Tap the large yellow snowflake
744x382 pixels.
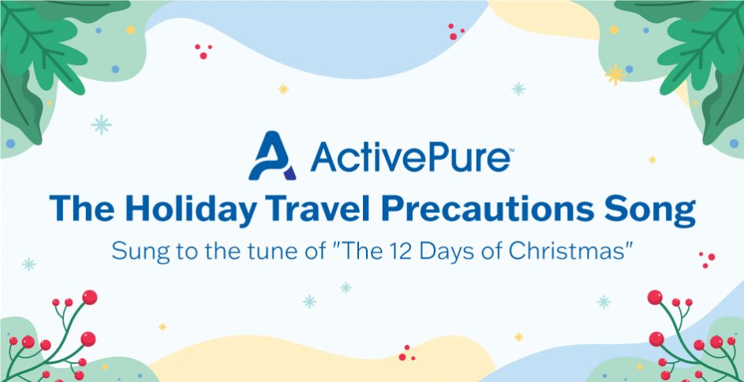coord(615,74)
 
